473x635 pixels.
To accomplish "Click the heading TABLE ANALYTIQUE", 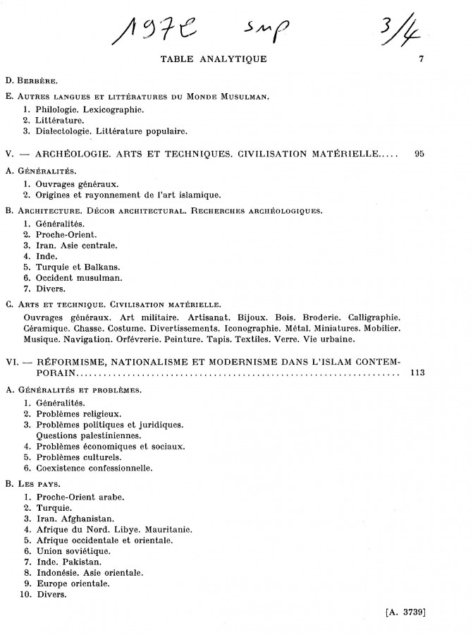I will (x=214, y=59).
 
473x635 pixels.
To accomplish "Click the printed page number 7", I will (x=420, y=59).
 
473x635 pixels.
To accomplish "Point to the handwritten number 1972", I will (x=152, y=30).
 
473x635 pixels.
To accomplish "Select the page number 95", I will (x=419, y=152).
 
